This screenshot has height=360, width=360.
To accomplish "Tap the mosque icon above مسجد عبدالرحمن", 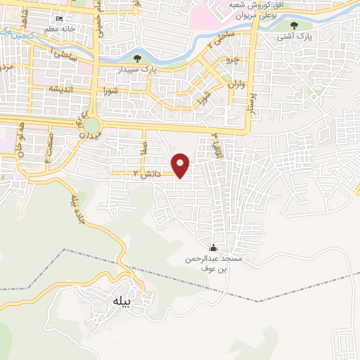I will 213,247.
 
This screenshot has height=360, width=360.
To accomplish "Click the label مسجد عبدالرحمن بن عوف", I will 213,263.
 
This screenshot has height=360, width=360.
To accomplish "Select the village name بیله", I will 122,301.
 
